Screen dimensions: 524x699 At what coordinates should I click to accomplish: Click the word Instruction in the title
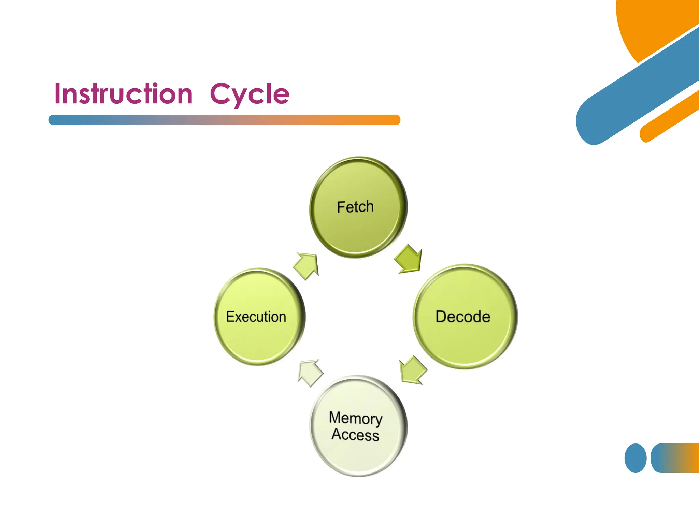pos(123,94)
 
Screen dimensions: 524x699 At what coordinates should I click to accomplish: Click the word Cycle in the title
pos(249,94)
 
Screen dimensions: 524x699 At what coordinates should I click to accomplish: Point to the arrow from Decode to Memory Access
pos(413,370)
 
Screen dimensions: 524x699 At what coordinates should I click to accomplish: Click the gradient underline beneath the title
pos(224,120)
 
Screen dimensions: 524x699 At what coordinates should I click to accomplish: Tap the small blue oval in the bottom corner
pos(635,458)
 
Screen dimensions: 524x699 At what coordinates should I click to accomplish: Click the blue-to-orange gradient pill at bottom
pos(676,458)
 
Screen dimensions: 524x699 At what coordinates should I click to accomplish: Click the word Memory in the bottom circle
pos(355,418)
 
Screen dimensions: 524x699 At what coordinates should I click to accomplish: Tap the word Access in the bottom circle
pos(355,435)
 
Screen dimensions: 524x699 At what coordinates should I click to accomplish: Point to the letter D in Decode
pos(441,317)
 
